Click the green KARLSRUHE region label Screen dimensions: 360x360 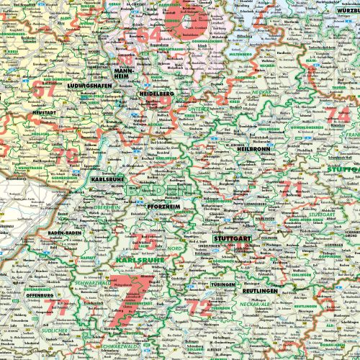(135, 258)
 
